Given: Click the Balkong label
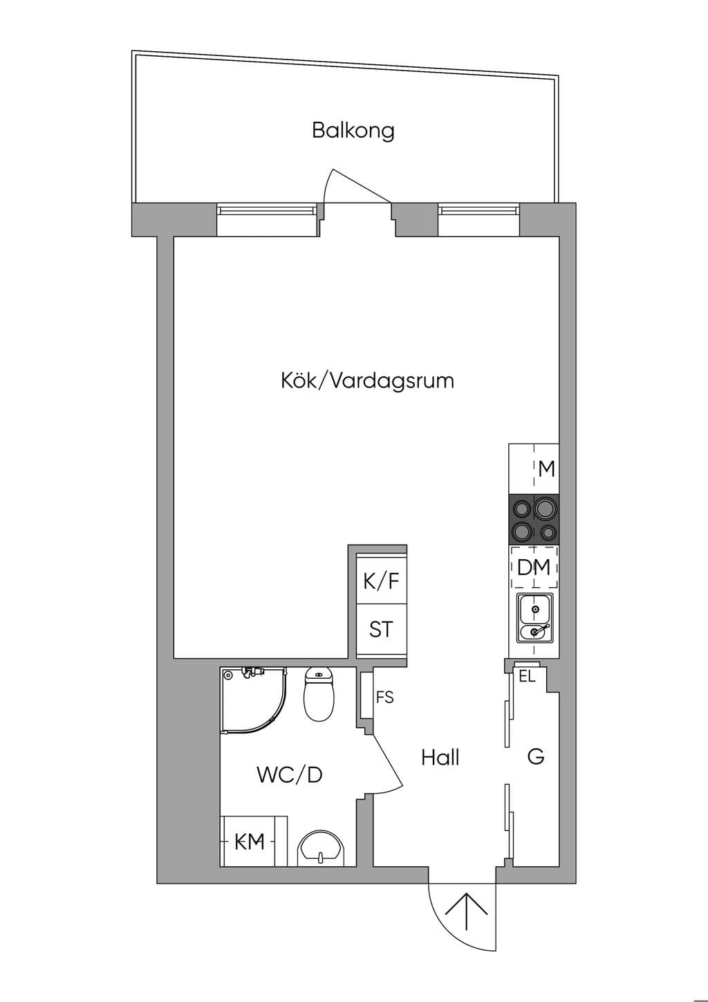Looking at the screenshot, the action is click(x=353, y=131).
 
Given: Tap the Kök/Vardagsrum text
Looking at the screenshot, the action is click(x=367, y=381).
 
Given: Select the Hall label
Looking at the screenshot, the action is click(x=440, y=757).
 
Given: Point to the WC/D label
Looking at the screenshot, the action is click(x=290, y=774).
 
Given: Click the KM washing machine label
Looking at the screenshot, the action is click(x=250, y=843).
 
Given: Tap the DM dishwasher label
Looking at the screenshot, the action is click(x=534, y=567).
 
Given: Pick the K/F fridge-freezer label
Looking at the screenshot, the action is click(x=381, y=581).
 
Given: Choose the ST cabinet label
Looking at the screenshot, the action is click(x=381, y=630).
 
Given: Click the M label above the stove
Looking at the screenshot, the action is click(x=547, y=468).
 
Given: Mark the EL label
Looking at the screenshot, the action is click(x=527, y=676).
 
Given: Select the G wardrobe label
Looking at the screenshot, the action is click(x=536, y=757).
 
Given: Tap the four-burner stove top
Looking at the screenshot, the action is click(x=534, y=520).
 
